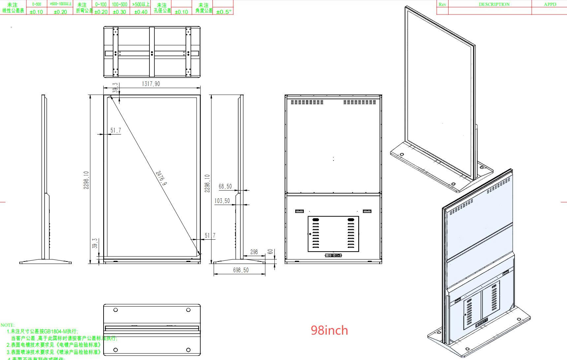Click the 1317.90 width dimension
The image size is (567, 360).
tap(151, 84)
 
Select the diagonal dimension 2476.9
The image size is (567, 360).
tap(161, 178)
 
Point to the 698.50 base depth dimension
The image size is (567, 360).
tap(241, 270)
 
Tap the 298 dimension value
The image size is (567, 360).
tap(254, 252)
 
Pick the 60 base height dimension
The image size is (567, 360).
tap(270, 252)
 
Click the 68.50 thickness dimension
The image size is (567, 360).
tap(225, 187)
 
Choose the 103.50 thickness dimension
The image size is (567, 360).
tap(222, 201)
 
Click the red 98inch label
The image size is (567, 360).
tap(329, 330)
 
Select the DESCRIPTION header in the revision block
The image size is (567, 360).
tap(494, 4)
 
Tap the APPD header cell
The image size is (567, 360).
tap(550, 4)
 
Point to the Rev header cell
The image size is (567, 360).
tap(442, 4)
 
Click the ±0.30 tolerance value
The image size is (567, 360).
tap(119, 12)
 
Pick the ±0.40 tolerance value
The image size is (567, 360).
tap(141, 12)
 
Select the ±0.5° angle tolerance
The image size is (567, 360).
tap(224, 12)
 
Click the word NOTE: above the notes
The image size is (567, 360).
tap(8, 325)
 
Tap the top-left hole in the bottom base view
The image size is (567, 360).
tap(115, 310)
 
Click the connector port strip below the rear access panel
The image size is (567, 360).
tap(333, 255)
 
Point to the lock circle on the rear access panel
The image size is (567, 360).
tap(310, 234)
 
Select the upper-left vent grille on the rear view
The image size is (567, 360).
tap(307, 102)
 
